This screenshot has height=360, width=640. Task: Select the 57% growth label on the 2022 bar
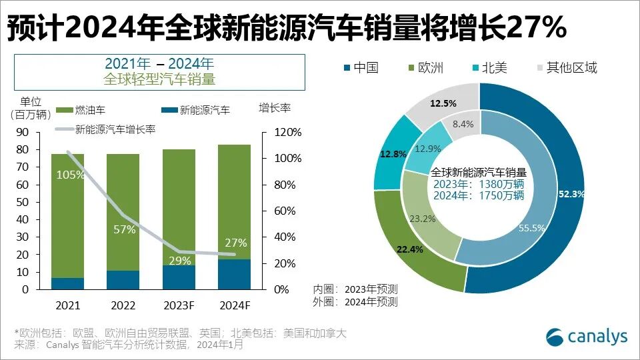(124, 230)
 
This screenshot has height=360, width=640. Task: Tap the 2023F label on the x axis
(179, 306)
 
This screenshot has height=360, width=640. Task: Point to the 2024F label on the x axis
(234, 306)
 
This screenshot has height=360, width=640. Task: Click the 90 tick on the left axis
(22, 132)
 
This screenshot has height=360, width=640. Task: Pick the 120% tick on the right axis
(287, 132)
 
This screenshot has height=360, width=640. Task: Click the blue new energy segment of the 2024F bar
(234, 274)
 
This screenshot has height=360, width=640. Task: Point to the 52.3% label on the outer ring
(572, 194)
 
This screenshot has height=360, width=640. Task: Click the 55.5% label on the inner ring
(532, 228)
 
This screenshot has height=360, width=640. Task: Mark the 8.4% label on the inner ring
(463, 123)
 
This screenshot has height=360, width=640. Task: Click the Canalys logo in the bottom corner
(587, 337)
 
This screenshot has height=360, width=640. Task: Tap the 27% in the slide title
(537, 28)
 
